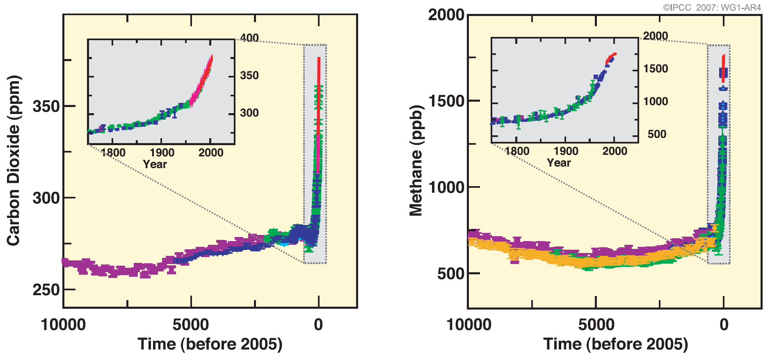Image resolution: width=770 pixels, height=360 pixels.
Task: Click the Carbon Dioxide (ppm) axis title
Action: [14, 160]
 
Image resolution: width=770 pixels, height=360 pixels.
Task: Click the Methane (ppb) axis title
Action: [416, 160]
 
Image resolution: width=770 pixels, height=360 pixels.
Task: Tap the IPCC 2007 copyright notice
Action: [712, 7]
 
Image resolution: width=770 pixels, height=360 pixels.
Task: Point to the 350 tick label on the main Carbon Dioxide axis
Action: [46, 107]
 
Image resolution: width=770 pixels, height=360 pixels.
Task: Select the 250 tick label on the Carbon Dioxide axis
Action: [46, 290]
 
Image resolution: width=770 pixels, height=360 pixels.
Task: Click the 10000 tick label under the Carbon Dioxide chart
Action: [63, 325]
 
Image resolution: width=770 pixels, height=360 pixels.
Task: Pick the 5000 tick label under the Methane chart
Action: [596, 325]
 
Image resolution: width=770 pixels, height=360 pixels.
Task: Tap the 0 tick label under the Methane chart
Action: [724, 325]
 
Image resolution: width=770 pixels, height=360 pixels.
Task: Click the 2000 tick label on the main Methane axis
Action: [446, 15]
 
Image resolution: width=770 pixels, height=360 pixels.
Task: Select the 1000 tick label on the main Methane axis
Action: [446, 187]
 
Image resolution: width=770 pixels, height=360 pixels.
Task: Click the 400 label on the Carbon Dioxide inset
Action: [249, 38]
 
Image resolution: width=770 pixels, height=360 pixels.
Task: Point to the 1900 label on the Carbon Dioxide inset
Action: [162, 153]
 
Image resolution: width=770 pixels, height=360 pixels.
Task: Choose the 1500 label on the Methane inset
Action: [656, 68]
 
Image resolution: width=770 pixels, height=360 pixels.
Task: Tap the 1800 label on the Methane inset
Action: [517, 151]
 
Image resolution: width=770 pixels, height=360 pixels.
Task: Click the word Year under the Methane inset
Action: [559, 163]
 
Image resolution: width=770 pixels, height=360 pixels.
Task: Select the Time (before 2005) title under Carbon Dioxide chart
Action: [210, 344]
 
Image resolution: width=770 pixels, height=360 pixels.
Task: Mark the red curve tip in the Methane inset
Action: [615, 54]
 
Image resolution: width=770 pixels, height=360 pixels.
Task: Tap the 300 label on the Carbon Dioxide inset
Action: [249, 113]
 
